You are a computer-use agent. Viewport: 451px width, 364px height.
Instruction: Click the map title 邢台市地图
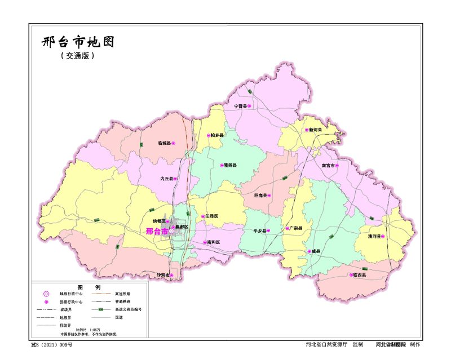point(78,42)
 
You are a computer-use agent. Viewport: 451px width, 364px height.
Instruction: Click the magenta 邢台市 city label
point(156,231)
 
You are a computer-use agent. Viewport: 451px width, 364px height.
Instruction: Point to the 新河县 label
point(315,130)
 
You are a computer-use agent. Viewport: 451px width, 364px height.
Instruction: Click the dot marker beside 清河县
point(383,237)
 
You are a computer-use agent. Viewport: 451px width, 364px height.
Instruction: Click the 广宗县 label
point(296,229)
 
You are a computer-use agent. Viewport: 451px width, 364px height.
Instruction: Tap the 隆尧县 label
point(230,166)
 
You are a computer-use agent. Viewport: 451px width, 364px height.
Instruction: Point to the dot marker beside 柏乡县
point(209,135)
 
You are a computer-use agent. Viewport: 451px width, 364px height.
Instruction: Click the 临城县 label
point(164,144)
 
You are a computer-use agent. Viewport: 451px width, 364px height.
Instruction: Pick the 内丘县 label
point(166,179)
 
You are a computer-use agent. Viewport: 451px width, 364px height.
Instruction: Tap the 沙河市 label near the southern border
point(162,275)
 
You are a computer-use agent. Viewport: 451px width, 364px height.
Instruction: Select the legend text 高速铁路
point(122,294)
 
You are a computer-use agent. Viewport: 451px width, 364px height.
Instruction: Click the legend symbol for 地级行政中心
point(46,294)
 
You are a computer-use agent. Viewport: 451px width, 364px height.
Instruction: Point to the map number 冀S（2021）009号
point(51,344)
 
